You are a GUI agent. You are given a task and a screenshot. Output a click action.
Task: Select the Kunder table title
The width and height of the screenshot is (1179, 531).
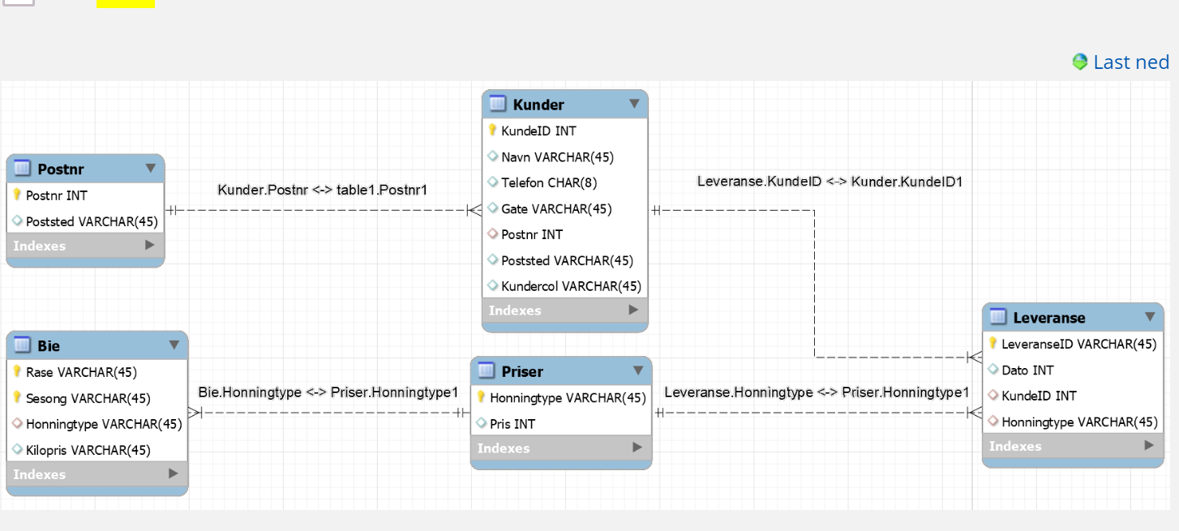coord(538,105)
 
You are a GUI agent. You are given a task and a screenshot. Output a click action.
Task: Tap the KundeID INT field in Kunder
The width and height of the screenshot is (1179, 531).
coord(538,131)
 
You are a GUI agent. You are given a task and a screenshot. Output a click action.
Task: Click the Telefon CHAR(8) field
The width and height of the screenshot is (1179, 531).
coord(549,182)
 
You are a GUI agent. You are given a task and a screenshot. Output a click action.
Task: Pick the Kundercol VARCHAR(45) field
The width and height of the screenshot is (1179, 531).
coord(571,286)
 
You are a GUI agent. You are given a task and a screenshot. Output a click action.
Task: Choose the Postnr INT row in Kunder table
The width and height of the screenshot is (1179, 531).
coord(532,235)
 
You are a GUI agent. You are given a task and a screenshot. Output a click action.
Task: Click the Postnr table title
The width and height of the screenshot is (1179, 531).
coord(61,169)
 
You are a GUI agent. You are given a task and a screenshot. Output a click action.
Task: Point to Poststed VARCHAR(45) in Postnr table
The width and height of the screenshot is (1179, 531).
coord(92,221)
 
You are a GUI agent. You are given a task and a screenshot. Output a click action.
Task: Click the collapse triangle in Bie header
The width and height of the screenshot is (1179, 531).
coord(174,345)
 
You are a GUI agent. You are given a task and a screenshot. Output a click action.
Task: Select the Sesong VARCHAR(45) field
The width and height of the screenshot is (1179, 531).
coord(88,398)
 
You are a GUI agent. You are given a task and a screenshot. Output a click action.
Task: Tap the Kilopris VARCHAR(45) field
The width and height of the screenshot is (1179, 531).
coord(88,450)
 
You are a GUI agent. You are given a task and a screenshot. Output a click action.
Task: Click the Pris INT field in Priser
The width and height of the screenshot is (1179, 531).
coord(512,424)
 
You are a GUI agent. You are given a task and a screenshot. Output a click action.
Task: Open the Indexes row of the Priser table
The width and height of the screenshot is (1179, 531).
coord(561,447)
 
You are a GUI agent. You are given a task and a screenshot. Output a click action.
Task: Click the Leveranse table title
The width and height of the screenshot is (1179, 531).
coord(1049,318)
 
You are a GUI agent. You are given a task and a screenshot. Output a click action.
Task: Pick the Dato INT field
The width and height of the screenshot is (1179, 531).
coord(1027,370)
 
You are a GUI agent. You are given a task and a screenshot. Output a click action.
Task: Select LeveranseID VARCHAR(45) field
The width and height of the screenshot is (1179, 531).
coord(1079,345)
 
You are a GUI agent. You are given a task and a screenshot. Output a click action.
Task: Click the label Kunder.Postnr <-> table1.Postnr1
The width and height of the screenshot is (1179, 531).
coord(322,190)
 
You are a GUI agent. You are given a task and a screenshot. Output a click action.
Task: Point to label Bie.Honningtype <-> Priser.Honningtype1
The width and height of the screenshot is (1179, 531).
coord(328,392)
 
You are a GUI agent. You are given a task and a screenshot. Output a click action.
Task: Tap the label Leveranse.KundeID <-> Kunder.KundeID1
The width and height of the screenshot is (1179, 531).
coord(830,182)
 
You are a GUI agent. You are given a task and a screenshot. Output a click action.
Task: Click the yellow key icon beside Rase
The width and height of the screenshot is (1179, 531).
coord(17,371)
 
